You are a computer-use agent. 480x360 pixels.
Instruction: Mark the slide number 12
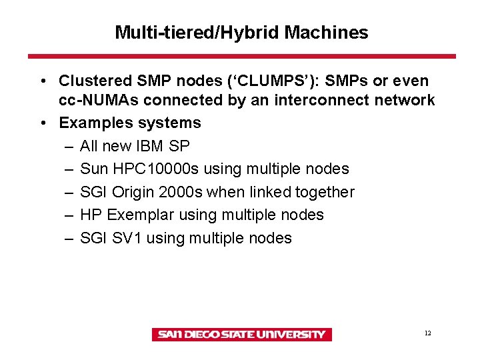427,333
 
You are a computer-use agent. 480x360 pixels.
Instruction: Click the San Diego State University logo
241,335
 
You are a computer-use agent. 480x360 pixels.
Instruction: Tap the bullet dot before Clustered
42,82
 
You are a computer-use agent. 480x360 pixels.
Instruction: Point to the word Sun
93,169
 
